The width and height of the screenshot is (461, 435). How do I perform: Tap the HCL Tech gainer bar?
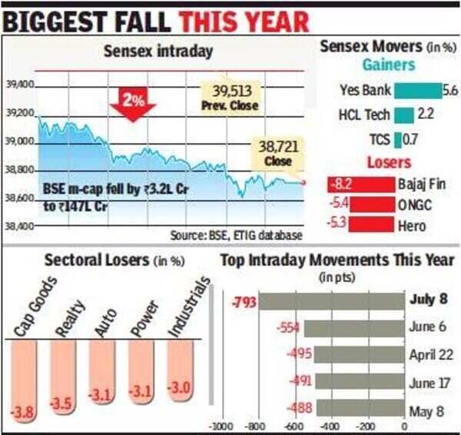404,115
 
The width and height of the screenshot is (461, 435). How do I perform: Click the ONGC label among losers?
415,206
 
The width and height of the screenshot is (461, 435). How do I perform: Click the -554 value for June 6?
287,327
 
